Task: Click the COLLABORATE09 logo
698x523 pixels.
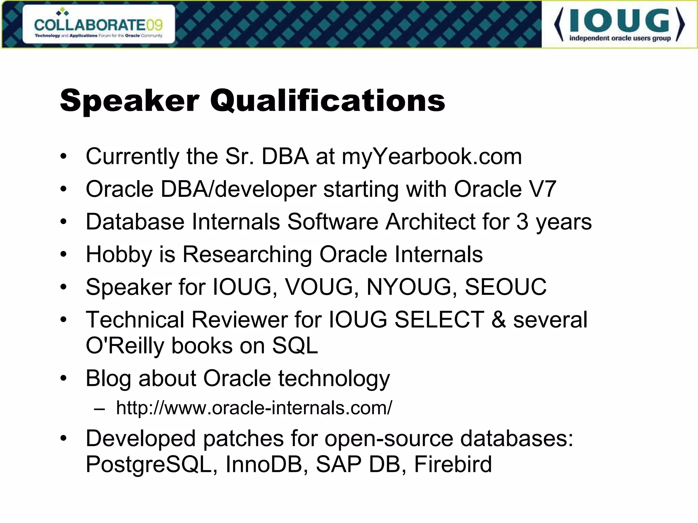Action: point(98,25)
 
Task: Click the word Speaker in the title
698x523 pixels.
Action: point(130,101)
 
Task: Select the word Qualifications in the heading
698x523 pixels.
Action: point(328,101)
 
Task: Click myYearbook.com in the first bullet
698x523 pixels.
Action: point(432,157)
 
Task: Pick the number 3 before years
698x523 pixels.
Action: point(522,222)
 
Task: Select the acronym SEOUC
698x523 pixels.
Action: point(505,287)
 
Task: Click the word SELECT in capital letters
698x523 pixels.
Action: point(439,320)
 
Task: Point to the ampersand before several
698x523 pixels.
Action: point(498,320)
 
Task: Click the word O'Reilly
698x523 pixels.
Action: point(125,346)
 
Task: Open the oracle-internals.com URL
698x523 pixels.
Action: point(254,408)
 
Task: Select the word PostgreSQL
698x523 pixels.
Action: point(149,464)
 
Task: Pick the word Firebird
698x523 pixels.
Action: point(453,464)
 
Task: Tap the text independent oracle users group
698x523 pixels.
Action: point(620,38)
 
